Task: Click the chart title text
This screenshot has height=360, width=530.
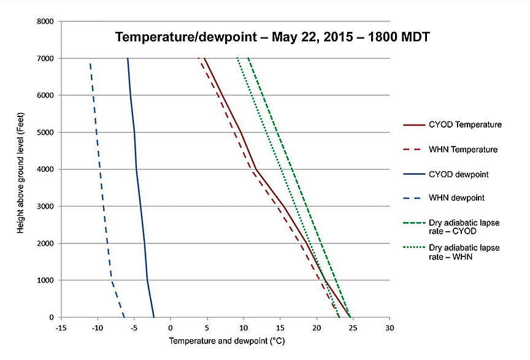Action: pos(274,37)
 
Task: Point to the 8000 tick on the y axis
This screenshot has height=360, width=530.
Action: pos(47,21)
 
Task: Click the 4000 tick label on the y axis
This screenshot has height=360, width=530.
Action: pos(47,169)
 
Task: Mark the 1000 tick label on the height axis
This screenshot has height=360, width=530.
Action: pos(47,280)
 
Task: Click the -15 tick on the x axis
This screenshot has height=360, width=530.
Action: pos(61,327)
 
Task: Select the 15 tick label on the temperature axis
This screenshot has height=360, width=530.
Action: pos(280,327)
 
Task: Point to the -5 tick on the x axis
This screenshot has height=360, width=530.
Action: pos(134,327)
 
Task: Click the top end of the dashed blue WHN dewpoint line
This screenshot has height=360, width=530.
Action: pos(90,63)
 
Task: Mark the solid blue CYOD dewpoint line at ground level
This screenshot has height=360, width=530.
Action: pos(154,317)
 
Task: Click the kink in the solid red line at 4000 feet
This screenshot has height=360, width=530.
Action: pos(255,169)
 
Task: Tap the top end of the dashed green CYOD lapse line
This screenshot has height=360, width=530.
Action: pos(248,58)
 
